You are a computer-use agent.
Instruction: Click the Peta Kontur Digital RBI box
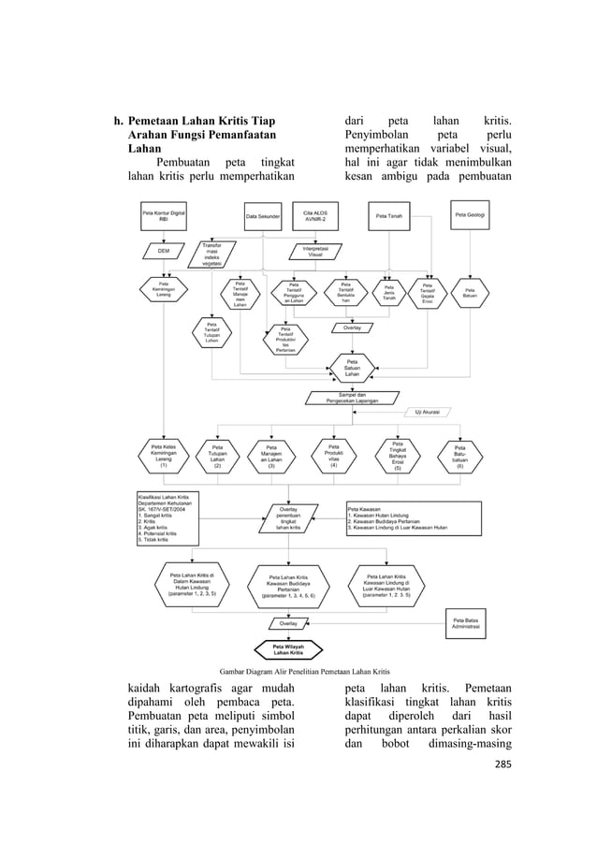[x=164, y=216]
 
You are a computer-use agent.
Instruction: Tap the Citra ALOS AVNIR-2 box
[x=315, y=216]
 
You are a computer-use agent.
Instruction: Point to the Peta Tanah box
[x=389, y=216]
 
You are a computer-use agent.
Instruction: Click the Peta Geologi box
[x=469, y=214]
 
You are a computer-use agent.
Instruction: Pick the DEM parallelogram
[x=164, y=251]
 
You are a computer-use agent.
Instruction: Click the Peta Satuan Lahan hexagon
[x=352, y=369]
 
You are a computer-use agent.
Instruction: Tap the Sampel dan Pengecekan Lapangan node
[x=352, y=398]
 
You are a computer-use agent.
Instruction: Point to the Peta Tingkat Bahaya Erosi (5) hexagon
[x=397, y=459]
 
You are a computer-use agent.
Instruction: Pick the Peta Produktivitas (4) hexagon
[x=334, y=458]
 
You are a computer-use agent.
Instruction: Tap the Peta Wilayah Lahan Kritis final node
[x=288, y=649]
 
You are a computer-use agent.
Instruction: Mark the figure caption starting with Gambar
[x=298, y=671]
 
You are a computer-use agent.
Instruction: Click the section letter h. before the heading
[x=118, y=122]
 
